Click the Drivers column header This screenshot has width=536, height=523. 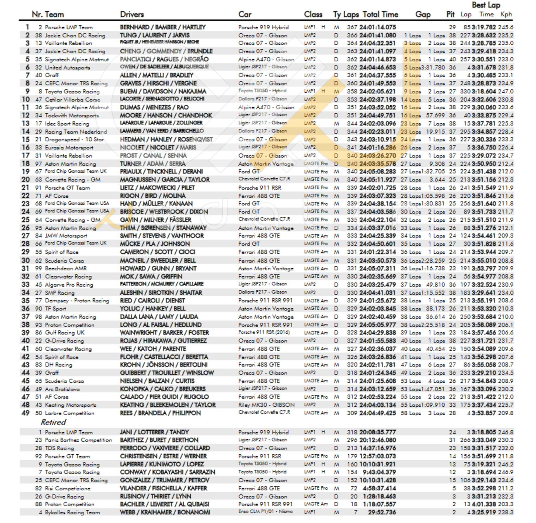point(132,14)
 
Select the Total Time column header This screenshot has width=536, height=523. point(380,14)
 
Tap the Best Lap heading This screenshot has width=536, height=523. point(486,5)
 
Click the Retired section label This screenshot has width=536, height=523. point(53,422)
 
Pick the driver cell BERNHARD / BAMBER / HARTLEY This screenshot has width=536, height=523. point(162,27)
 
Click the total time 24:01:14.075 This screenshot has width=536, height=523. point(377,27)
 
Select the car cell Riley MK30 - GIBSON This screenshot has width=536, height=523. point(266,405)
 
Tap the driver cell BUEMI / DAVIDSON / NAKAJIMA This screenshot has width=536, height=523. point(163,92)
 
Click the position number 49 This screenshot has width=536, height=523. point(25,413)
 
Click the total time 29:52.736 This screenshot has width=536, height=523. point(382,512)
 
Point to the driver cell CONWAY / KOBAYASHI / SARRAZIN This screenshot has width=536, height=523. point(167,472)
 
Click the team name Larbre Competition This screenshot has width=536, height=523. point(70,413)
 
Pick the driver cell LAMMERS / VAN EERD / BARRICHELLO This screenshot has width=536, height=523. point(162,131)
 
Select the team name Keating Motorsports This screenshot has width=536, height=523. point(70,405)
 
